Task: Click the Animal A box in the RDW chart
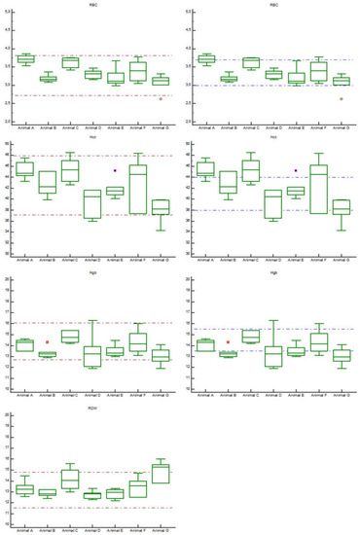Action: coord(25,489)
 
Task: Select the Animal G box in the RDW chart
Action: coord(161,473)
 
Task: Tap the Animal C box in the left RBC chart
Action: coord(70,63)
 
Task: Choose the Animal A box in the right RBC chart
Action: coord(206,59)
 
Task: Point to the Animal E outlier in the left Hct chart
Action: coord(115,170)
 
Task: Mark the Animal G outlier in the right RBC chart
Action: coord(341,98)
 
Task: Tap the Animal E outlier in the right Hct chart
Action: coord(296,170)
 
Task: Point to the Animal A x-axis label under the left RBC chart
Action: coord(25,127)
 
